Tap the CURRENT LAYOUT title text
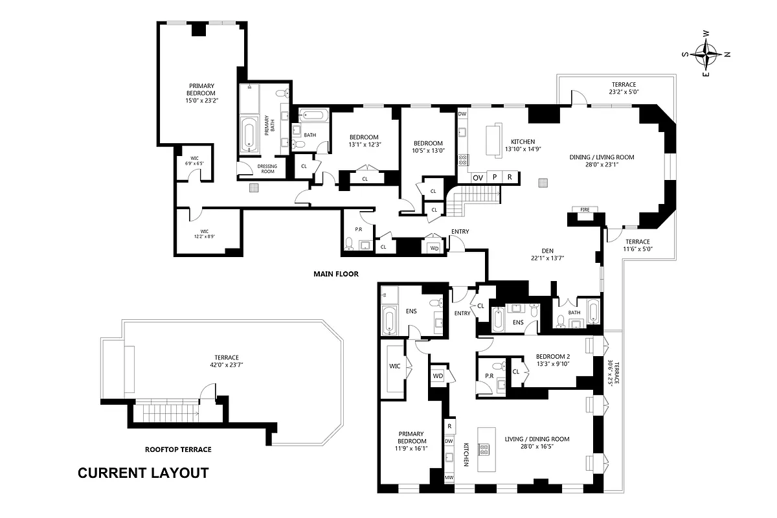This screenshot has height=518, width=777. point(143,473)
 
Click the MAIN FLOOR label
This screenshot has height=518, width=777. point(336,274)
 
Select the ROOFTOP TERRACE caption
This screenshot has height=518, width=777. point(178,449)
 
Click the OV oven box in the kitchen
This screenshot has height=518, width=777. point(478,177)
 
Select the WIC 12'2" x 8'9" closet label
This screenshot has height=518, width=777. point(205,234)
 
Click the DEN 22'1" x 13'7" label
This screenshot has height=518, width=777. point(548,254)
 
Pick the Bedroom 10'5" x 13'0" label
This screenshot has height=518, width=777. point(428,147)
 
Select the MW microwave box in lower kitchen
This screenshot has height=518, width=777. point(449,478)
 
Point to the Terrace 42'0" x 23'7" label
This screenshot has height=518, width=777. point(227,361)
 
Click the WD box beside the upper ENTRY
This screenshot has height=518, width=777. point(433,247)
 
